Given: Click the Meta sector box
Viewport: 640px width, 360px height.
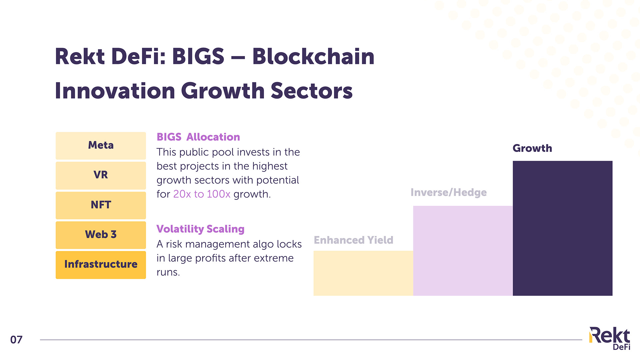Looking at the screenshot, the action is pos(101,146).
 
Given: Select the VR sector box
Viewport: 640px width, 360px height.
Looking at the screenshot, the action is pos(101,175).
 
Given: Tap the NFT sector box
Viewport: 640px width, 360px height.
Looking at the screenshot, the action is pos(101,205).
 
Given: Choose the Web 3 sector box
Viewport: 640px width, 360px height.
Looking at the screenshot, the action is pos(101,235).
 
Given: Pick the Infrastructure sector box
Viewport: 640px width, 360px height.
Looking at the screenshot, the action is pos(101,265).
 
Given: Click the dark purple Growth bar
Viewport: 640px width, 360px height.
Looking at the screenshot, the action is pos(562,228).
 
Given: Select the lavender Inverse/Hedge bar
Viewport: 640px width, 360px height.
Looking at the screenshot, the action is pos(463,251).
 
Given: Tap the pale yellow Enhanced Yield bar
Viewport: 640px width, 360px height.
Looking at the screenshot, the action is pos(363,273).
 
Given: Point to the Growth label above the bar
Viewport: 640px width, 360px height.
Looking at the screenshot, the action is pos(532,148).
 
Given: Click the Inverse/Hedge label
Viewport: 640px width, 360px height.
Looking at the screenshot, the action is pos(449,192).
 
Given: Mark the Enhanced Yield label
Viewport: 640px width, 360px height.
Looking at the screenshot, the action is pos(354,240).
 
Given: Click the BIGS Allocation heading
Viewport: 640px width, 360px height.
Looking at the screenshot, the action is pos(198,137).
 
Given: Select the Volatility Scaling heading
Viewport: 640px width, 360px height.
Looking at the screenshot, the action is pos(200,229).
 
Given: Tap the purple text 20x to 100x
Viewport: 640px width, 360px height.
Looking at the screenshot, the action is pos(202,194).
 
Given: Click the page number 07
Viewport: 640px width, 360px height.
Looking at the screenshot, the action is pos(16,340).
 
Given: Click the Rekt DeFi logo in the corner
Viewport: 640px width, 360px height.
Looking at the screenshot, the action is pos(610,338).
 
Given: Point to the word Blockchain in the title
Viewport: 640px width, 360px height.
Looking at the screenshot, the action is pos(313,56).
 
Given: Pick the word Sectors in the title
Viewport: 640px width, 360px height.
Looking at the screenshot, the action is pos(312,91).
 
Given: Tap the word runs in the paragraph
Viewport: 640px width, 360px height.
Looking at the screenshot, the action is pos(168,273).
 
